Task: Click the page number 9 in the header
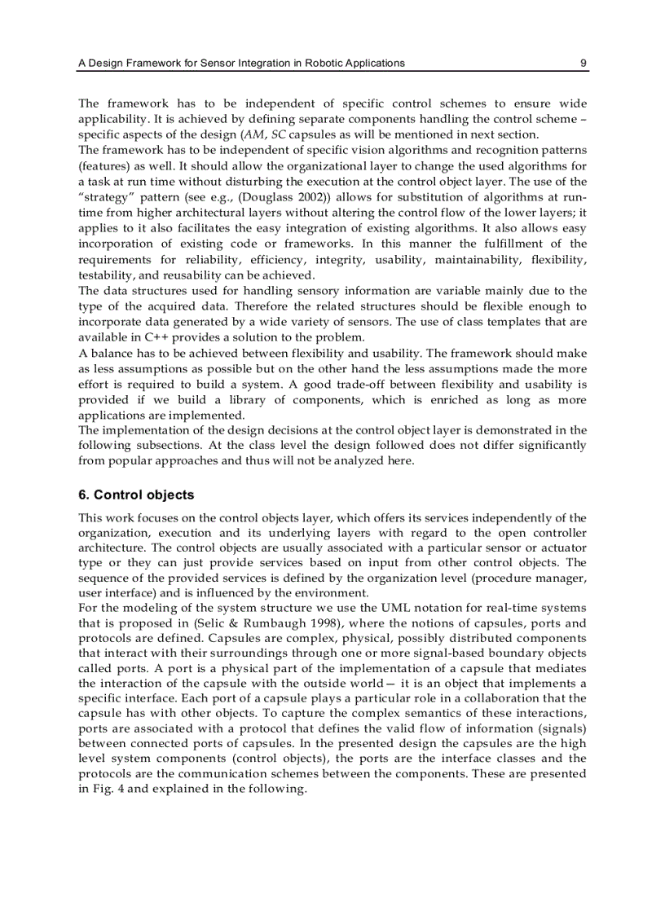click(584, 63)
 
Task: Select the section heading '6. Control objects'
click(136, 495)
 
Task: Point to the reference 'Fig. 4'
click(108, 788)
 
